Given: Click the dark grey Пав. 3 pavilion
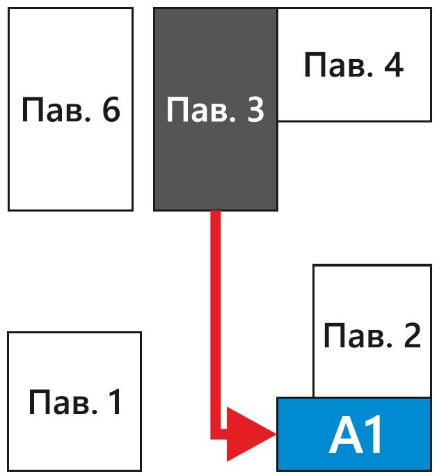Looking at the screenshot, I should [215, 160].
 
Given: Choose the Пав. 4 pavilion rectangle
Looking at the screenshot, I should [353, 97].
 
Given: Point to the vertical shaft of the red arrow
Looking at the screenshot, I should [216, 313].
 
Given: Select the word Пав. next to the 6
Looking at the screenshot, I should [56, 109].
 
